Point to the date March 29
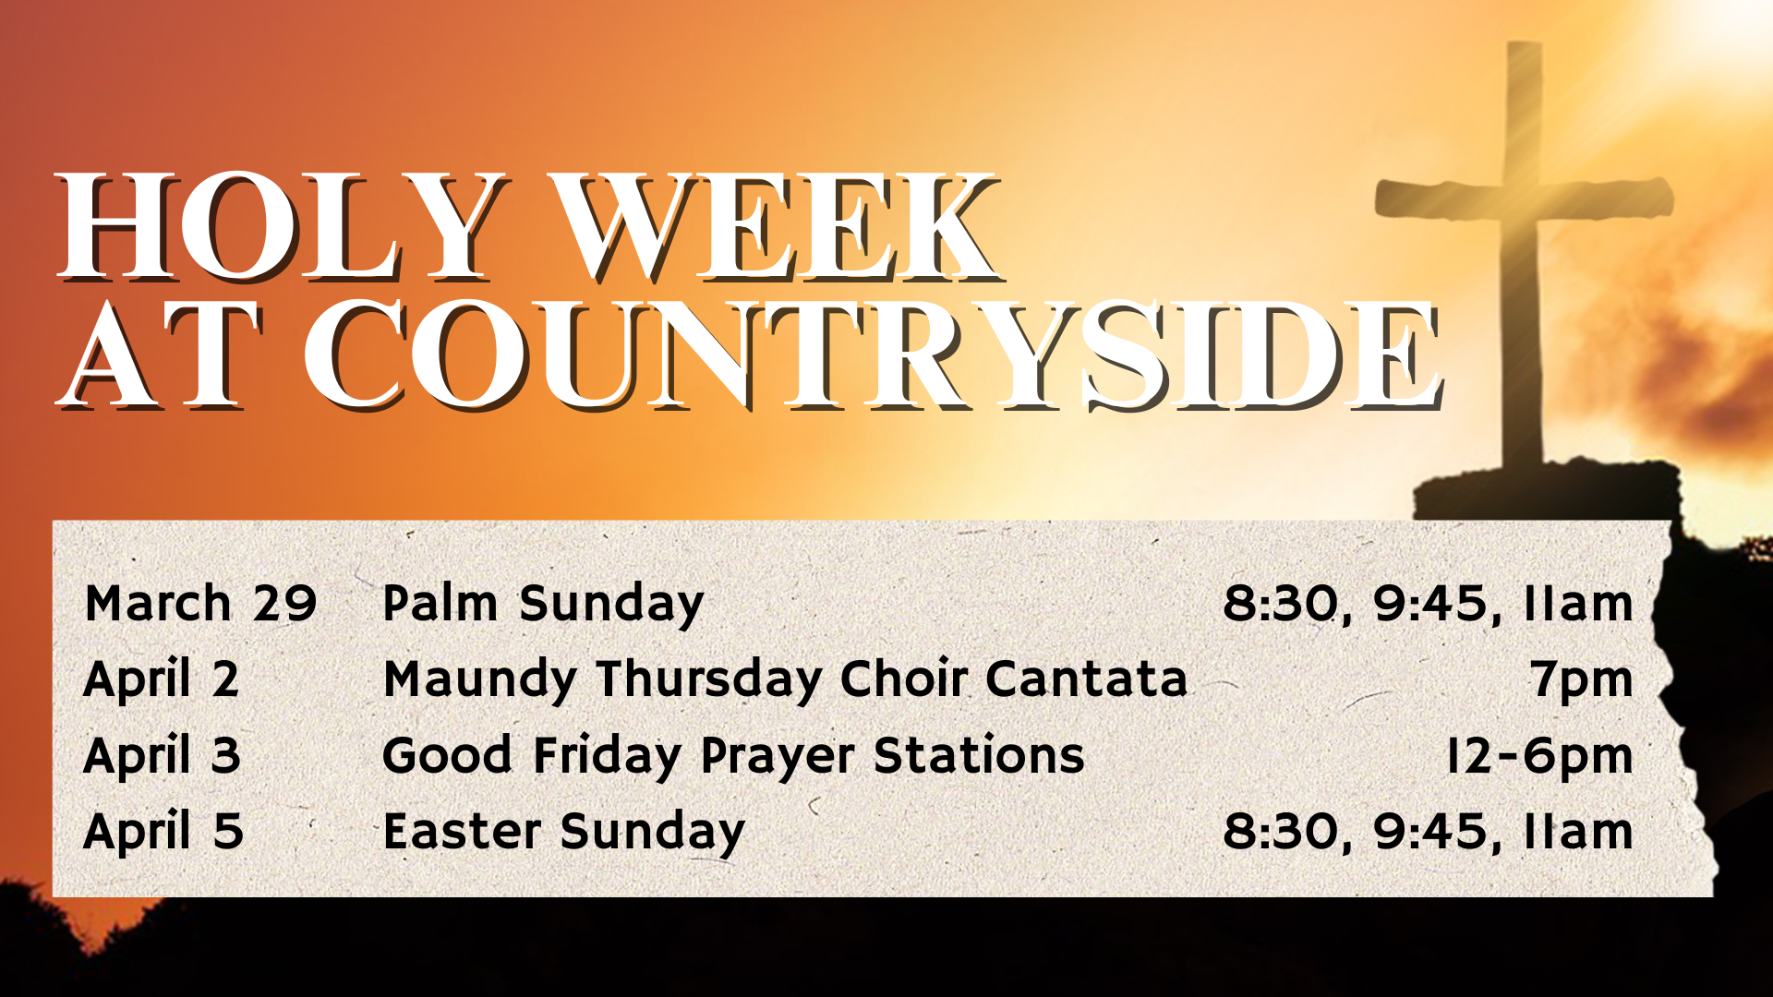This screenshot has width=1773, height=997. click(x=200, y=603)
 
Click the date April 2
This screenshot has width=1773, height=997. click(x=162, y=679)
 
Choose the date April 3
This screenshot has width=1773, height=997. click(x=163, y=755)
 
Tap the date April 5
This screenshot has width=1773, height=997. click(x=163, y=831)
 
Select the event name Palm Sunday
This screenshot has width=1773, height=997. click(x=543, y=605)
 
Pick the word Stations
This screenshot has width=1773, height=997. click(x=979, y=755)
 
